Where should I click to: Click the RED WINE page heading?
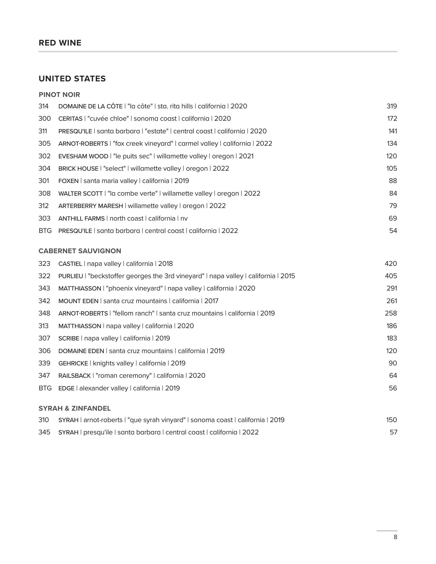point(60,43)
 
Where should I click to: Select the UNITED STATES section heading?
point(72,79)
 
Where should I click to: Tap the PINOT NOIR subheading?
point(59,95)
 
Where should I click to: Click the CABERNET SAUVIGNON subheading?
point(80,251)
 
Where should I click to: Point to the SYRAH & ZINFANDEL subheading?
point(75,408)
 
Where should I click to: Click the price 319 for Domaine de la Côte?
point(392,106)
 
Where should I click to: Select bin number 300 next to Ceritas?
point(44,119)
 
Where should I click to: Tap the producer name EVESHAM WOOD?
point(83,156)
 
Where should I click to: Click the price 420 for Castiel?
point(391,263)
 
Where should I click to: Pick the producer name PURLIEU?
point(71,276)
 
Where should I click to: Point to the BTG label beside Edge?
point(45,388)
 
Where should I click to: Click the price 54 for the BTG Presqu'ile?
point(393,231)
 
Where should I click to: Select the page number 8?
point(395,537)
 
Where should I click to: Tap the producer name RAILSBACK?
point(75,376)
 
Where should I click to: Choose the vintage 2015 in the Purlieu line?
point(287,276)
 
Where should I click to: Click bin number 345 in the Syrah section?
point(44,432)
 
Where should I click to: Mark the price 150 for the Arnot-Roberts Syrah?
point(391,420)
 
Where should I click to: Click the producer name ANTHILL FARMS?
point(81,219)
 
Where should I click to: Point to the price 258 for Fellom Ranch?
point(391,313)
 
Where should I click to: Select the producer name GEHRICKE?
point(73,363)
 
